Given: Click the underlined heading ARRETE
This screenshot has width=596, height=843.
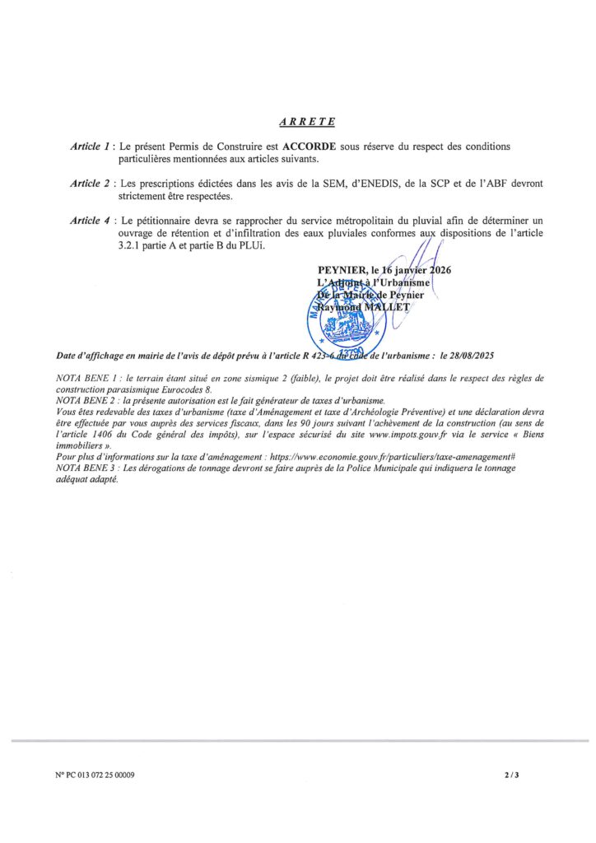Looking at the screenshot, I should (x=306, y=122).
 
